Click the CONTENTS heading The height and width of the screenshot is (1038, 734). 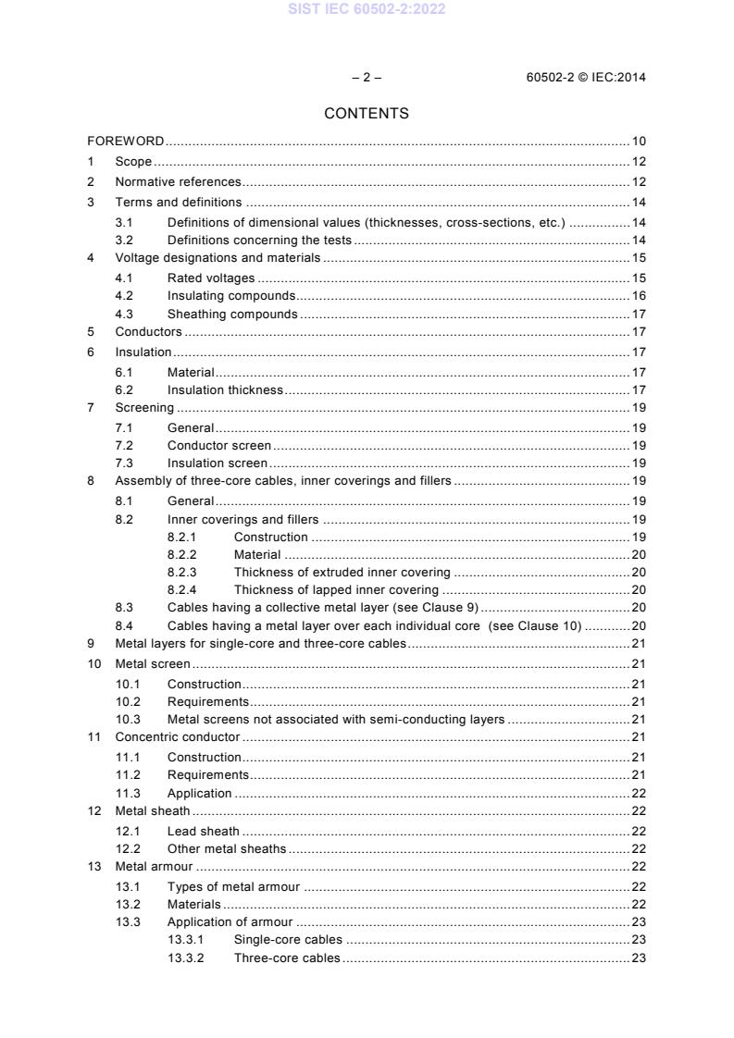click(367, 114)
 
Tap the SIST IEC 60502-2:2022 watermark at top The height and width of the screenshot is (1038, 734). click(367, 8)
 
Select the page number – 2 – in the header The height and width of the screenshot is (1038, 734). click(367, 78)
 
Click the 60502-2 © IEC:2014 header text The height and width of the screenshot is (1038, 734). click(586, 78)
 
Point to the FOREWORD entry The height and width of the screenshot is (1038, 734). click(126, 142)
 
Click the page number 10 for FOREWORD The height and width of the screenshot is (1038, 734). click(639, 142)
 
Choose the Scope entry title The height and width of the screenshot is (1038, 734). click(133, 162)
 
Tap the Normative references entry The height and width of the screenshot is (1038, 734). click(178, 182)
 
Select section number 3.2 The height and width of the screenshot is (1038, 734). click(124, 241)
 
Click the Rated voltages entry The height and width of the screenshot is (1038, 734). click(211, 278)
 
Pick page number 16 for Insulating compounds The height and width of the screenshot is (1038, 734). click(639, 296)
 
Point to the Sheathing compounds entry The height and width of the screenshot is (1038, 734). click(232, 315)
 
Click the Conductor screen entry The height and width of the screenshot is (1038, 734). click(219, 446)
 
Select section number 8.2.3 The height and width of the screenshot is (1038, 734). click(181, 573)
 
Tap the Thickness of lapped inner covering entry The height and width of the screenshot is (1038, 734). click(336, 590)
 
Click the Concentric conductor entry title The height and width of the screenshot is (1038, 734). click(177, 737)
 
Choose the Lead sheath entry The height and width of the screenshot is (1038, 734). click(203, 831)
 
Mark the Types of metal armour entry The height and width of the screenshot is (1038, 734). click(233, 887)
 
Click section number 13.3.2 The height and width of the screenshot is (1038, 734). click(186, 958)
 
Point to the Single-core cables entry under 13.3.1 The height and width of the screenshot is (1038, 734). click(288, 940)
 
